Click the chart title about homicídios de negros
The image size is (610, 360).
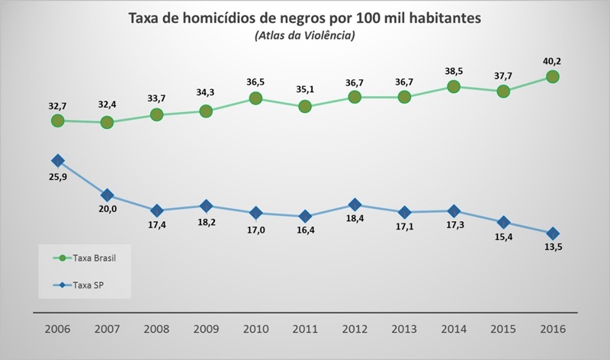click(x=305, y=17)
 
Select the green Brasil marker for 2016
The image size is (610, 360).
click(x=553, y=76)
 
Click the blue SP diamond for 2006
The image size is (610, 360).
click(x=57, y=161)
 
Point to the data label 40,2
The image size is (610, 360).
click(x=553, y=59)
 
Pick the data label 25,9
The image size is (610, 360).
click(x=57, y=178)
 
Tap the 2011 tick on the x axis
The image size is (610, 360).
click(x=305, y=331)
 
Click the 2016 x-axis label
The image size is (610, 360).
click(x=553, y=331)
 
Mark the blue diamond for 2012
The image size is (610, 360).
click(x=355, y=204)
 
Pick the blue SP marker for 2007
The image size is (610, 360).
click(x=107, y=195)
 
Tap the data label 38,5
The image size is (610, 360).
click(x=454, y=70)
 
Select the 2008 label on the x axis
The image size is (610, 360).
click(x=156, y=331)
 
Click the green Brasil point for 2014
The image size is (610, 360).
click(x=454, y=87)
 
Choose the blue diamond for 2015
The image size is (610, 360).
click(x=503, y=222)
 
